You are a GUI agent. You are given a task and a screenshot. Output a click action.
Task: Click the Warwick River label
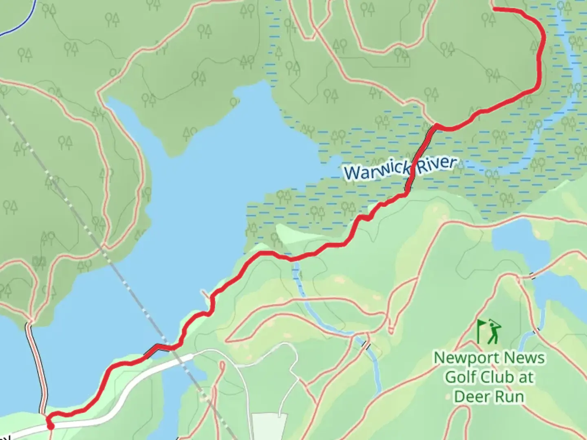coord(400,167)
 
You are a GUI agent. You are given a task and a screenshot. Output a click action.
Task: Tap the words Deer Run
coord(489,396)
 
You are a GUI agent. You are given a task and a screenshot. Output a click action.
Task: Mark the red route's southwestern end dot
coord(51,426)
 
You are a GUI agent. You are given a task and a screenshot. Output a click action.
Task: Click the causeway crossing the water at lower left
coord(37,367)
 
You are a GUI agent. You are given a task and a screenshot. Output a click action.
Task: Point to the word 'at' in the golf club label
coord(525,377)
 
